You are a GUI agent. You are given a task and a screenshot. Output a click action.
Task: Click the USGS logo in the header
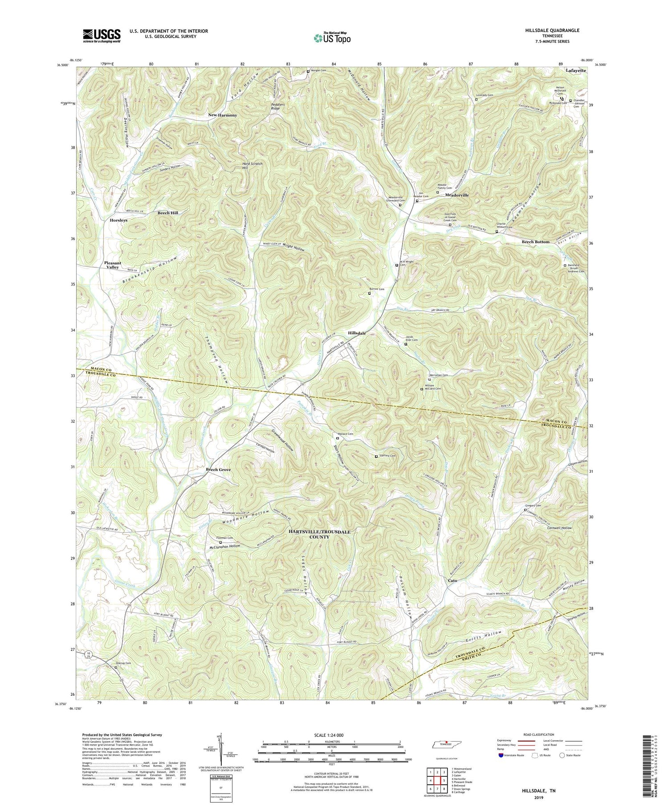102,36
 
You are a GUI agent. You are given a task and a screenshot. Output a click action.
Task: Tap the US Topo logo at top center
332,37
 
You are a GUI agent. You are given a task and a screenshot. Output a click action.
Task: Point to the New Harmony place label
223,115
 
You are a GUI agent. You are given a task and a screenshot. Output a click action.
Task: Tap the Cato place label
452,580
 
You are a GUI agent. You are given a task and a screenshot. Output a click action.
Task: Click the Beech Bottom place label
536,242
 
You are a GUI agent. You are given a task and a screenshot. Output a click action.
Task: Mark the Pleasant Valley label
112,265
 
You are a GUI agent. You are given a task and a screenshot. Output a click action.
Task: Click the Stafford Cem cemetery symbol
376,456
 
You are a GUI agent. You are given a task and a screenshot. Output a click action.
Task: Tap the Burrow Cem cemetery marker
369,293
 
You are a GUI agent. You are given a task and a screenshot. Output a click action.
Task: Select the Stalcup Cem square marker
116,667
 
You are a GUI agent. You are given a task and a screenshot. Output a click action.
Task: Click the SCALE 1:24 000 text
331,735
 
